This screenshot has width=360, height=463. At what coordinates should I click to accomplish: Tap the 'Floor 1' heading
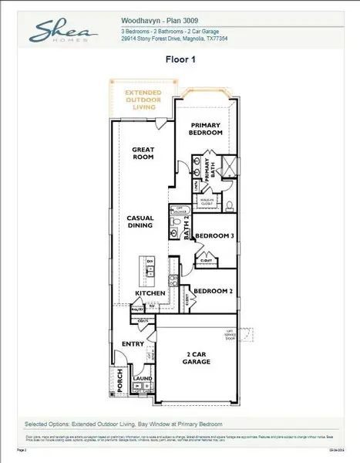tap(181, 58)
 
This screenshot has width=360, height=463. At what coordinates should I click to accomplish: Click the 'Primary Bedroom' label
tap(207, 128)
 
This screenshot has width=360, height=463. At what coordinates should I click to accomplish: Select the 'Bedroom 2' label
tap(210, 291)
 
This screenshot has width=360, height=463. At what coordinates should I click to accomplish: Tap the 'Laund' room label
tap(142, 379)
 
